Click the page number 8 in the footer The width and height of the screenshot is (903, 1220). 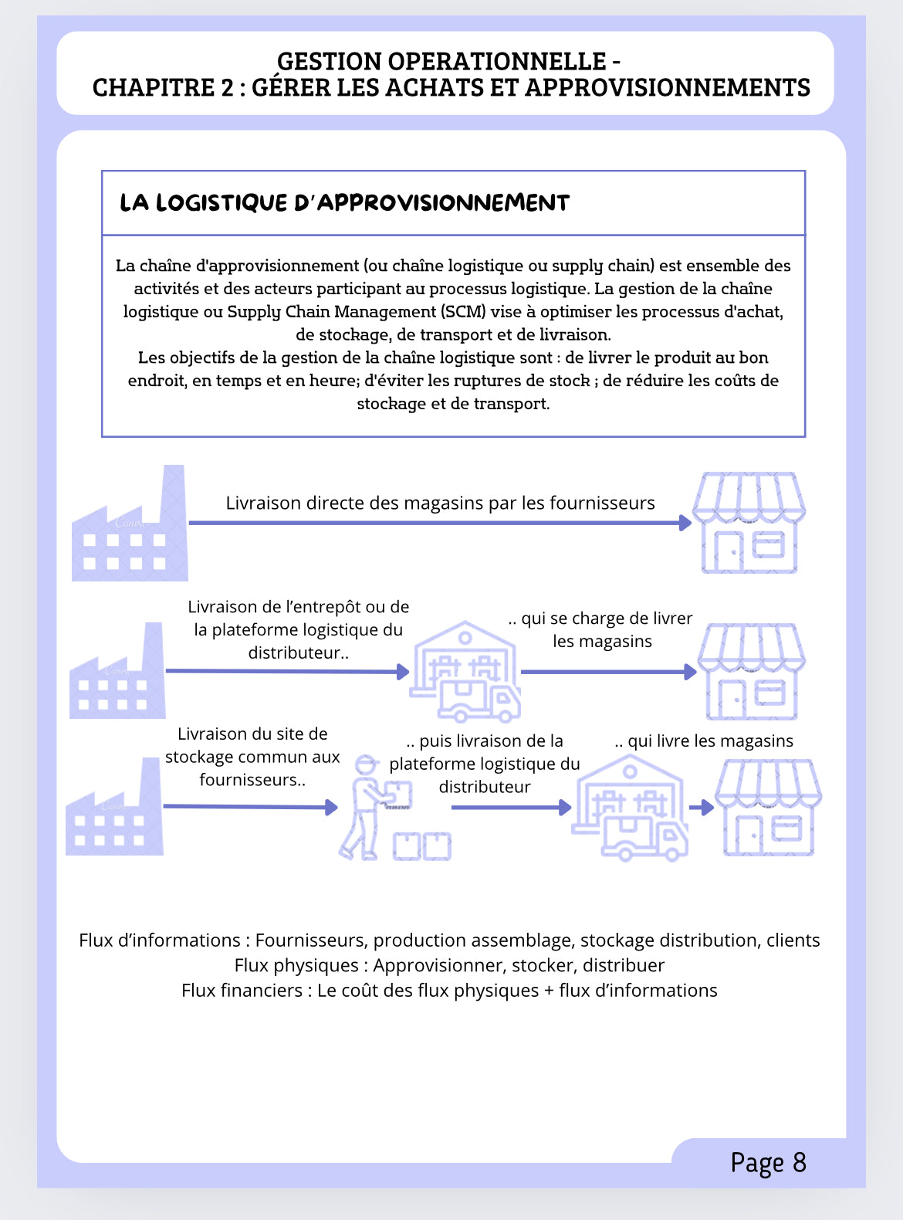(799, 1162)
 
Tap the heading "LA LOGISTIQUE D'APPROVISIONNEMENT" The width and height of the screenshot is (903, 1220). (344, 203)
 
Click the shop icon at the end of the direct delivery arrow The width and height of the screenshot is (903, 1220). (749, 523)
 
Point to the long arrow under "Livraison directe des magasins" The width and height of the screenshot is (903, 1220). (440, 523)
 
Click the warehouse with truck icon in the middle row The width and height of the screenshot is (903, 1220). (465, 672)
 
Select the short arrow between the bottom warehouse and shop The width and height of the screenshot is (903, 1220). (701, 808)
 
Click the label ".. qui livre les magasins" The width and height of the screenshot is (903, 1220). (704, 741)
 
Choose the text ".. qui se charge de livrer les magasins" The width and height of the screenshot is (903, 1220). (601, 629)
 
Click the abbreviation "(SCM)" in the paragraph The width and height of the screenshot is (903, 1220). (463, 311)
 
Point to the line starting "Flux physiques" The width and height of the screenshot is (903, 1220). (449, 965)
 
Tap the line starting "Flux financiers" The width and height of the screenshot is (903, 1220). (449, 991)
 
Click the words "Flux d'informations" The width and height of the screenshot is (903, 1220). (160, 940)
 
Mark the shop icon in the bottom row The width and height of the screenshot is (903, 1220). (767, 808)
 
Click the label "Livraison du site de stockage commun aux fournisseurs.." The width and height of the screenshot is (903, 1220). (252, 757)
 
